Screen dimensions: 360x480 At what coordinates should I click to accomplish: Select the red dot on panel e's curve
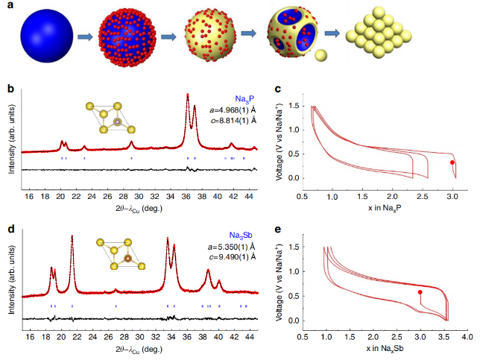click(x=420, y=293)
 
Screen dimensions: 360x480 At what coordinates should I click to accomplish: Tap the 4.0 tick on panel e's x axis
click(x=467, y=338)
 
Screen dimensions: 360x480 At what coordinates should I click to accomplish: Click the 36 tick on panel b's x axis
click(x=186, y=196)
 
